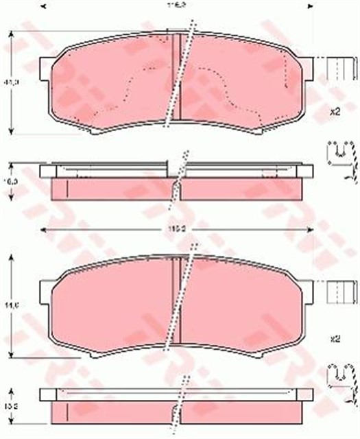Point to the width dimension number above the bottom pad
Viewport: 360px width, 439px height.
(x=180, y=228)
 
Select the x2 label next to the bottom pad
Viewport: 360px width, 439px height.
(x=335, y=338)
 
